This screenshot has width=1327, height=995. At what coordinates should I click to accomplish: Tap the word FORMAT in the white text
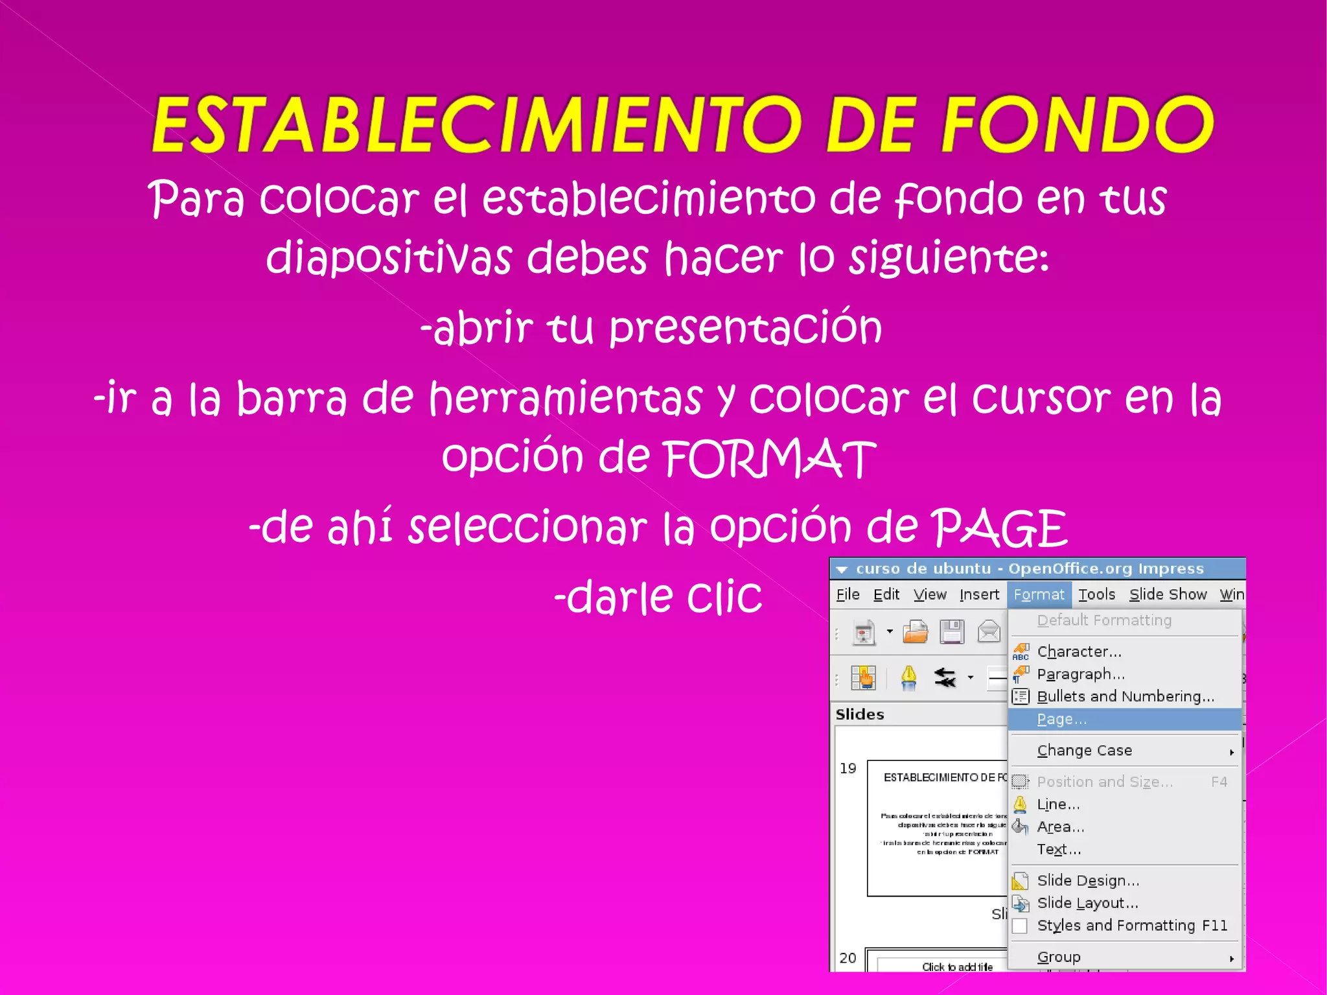[769, 458]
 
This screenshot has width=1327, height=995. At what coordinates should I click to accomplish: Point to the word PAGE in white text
[999, 528]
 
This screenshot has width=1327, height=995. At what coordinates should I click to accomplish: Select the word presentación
[745, 327]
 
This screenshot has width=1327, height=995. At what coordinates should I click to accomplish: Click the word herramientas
[566, 397]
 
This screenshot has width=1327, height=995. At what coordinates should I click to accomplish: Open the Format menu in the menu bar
[1039, 594]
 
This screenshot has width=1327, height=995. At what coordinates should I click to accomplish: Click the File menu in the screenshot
[848, 594]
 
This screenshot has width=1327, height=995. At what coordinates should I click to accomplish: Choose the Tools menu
[1096, 594]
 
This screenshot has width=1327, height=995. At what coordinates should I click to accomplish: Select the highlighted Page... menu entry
[1061, 720]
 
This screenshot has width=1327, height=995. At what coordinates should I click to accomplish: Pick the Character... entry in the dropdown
[1079, 651]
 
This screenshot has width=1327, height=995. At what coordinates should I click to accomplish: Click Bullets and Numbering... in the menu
[1125, 697]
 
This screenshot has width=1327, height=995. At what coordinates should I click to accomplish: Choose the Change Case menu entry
[1085, 751]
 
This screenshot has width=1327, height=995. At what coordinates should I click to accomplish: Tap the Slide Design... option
[1088, 880]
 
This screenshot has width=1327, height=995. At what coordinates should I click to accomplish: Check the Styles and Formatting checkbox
[1020, 926]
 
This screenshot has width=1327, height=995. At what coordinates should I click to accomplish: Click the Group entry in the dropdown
[1059, 957]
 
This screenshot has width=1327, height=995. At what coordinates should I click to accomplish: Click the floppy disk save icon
[952, 632]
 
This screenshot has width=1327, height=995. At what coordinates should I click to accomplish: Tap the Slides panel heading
[860, 714]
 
